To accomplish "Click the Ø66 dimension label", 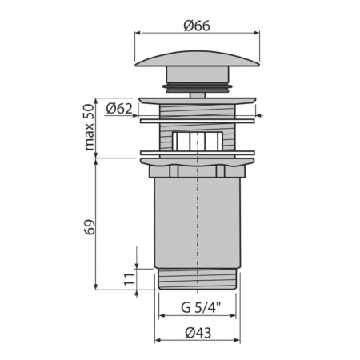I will [196, 25].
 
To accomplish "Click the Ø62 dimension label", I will [118, 108].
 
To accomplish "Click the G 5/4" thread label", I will [197, 306].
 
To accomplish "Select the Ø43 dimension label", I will [197, 333].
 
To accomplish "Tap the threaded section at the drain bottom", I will [197, 280].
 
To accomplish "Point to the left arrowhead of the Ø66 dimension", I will [138, 33].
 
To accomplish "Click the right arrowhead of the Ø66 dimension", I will [256, 33].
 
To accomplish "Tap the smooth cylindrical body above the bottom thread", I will [197, 224].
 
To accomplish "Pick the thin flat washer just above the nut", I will [197, 152].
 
